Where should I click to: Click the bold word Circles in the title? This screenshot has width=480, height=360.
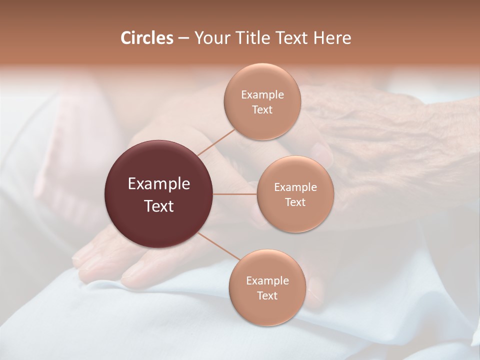coord(147,38)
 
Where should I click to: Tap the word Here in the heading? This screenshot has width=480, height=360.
coord(332,38)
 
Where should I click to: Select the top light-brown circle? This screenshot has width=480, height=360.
coord(262,125)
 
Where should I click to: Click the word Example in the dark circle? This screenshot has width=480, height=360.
coord(159,184)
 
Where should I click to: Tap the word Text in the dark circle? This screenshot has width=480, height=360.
coord(159,206)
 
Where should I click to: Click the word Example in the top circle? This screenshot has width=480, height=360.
coord(262,95)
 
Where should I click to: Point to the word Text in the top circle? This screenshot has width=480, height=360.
coord(262,109)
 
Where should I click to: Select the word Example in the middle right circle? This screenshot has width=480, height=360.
coord(295,187)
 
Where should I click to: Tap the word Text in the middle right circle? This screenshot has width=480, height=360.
coord(295,202)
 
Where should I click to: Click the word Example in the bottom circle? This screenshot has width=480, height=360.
coord(267,281)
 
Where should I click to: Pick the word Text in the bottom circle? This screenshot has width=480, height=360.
coord(267,295)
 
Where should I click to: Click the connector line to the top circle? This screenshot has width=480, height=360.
coord(216,141)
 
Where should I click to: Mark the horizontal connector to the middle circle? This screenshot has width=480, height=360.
coord(235,194)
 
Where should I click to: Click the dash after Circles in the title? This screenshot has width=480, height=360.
coord(183,38)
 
